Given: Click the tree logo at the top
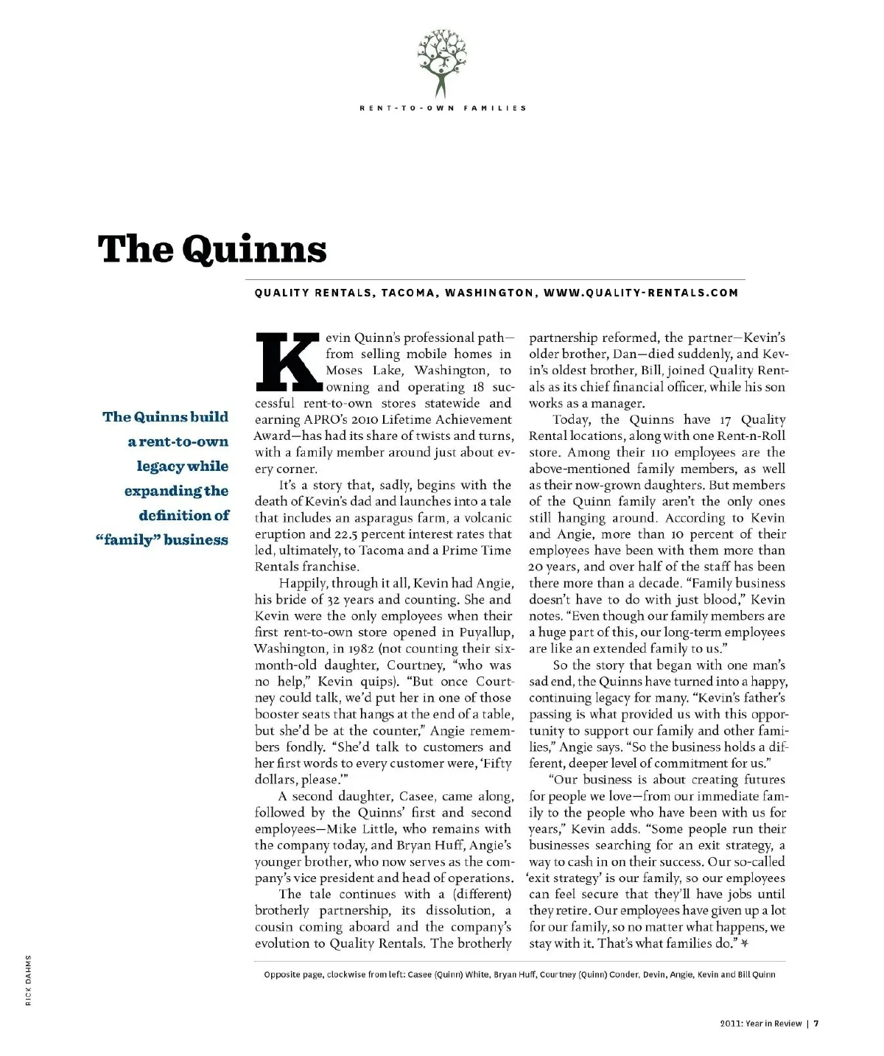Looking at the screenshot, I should [442, 62].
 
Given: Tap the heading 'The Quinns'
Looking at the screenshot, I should [212, 249].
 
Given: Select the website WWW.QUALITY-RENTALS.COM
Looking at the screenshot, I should [640, 293].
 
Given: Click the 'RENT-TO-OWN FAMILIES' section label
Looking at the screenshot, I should [443, 108].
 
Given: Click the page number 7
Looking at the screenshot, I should [817, 1023].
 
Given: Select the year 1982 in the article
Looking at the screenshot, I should [362, 649].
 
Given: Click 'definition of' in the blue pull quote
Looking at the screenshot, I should [184, 515].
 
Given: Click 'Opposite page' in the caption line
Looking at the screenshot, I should [292, 974].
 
